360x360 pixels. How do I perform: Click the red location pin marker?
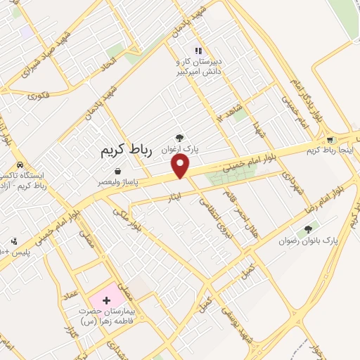pyautogui.click(x=181, y=165)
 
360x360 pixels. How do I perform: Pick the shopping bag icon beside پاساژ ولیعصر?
pyautogui.click(x=117, y=171)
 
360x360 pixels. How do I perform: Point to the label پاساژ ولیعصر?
pyautogui.click(x=118, y=181)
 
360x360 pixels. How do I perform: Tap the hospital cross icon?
pyautogui.click(x=106, y=300)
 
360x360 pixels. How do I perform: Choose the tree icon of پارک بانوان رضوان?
pyautogui.click(x=307, y=230)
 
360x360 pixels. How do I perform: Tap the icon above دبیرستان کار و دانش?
pyautogui.click(x=198, y=50)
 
